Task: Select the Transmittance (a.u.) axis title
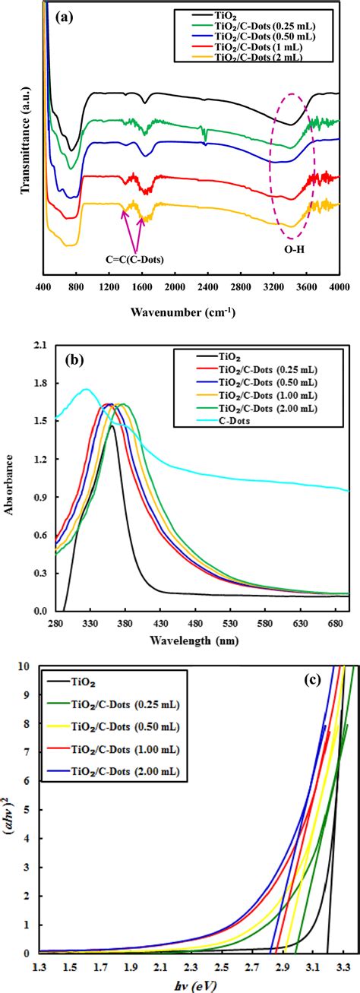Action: (x=25, y=148)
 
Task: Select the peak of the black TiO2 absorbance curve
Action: (x=112, y=426)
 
